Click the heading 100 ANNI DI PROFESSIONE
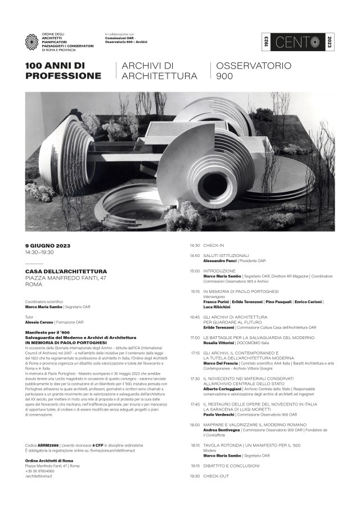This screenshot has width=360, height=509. point(63,71)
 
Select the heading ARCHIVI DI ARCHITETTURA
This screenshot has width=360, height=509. point(160,71)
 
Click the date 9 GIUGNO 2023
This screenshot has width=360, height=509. point(48,245)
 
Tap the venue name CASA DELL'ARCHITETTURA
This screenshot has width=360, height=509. point(66,271)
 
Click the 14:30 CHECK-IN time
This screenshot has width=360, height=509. point(195,245)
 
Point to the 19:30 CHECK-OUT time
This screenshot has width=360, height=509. point(195,476)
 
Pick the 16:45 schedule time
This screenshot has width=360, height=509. point(195,317)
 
